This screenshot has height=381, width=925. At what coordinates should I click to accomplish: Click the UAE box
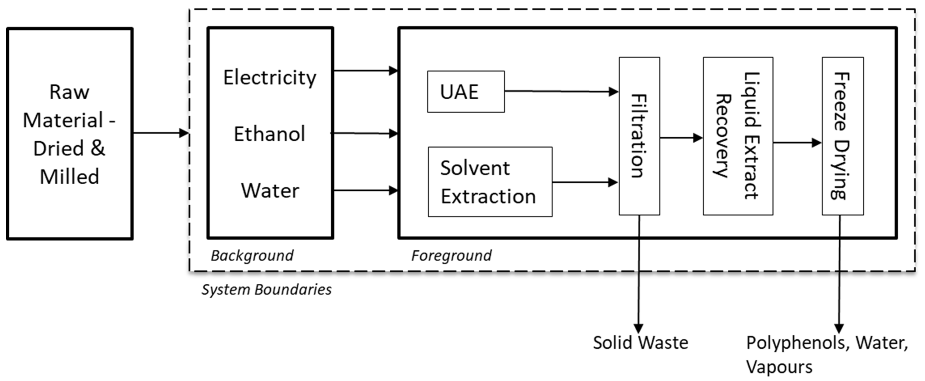tap(466, 91)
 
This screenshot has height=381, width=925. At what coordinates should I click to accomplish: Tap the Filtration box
tap(639, 136)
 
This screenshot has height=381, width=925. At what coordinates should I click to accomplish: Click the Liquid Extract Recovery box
tap(738, 136)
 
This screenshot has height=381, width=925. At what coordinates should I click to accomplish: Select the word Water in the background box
tap(270, 190)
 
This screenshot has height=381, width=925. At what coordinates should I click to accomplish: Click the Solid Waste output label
tap(640, 343)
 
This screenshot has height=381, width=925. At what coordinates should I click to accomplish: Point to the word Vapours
tap(779, 367)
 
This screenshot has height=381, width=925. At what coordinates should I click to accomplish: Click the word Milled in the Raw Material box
tap(69, 177)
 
